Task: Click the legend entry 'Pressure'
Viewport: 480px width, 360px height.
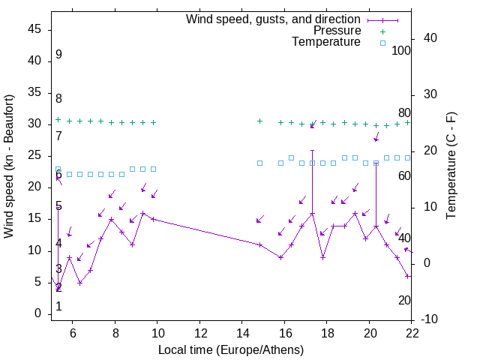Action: point(337,31)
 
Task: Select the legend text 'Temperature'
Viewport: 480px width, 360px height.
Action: point(326,42)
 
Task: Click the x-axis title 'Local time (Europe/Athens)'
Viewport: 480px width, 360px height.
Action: point(231,349)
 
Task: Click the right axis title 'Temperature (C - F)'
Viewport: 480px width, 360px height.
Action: point(451,166)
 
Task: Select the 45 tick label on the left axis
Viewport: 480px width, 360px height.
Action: point(34,29)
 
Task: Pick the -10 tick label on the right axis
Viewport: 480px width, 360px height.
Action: point(430,320)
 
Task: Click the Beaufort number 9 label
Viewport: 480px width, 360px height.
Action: point(58,55)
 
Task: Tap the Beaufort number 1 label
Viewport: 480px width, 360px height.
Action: point(58,307)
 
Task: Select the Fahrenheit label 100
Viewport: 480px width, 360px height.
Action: point(402,51)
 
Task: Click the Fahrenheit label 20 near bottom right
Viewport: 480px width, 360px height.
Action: point(404,300)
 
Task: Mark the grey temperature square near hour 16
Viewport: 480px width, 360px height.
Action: point(291,157)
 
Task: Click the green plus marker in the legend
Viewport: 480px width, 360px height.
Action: point(382,31)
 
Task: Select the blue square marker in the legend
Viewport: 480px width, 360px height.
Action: point(382,42)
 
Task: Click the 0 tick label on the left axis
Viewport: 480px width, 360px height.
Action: point(37,314)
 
